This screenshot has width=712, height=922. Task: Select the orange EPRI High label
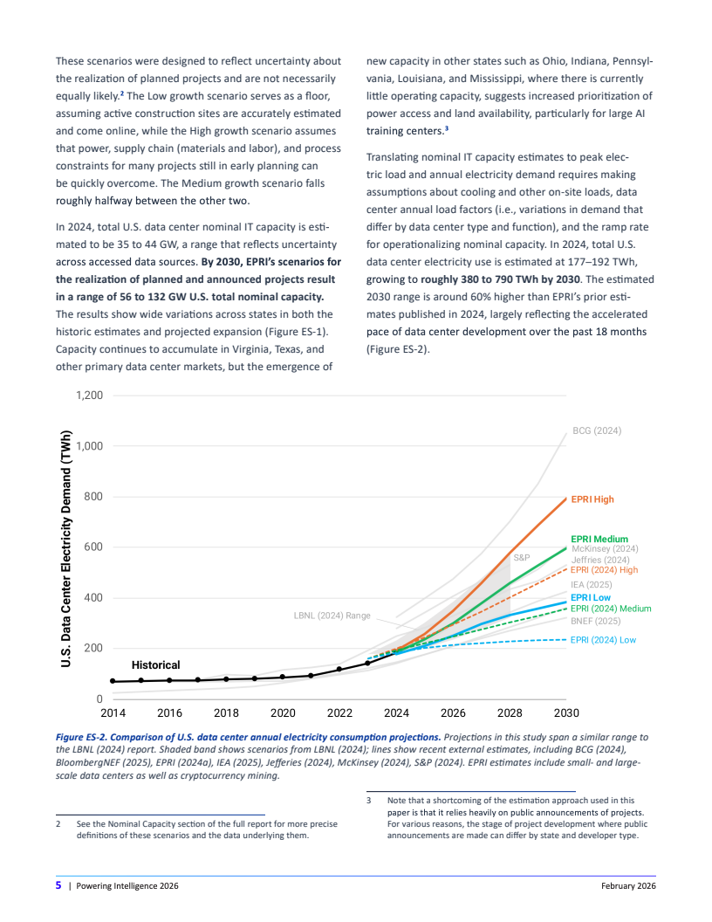pyautogui.click(x=592, y=499)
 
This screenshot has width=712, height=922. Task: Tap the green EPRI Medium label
pyautogui.click(x=599, y=539)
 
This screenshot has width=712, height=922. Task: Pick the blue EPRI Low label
pyautogui.click(x=591, y=598)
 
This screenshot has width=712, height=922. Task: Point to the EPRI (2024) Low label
pyautogui.click(x=603, y=640)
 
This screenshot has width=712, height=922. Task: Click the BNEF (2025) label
pyautogui.click(x=595, y=621)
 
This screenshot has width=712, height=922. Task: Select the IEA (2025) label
pyautogui.click(x=592, y=584)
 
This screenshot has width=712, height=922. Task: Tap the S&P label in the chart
pyautogui.click(x=522, y=557)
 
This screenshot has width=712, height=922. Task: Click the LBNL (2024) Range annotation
pyautogui.click(x=332, y=616)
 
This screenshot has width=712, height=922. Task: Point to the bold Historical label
pyautogui.click(x=155, y=665)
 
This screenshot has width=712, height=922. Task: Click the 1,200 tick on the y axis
pyautogui.click(x=89, y=396)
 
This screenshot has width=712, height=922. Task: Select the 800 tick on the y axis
pyautogui.click(x=94, y=497)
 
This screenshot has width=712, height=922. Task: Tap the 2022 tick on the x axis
pyautogui.click(x=339, y=712)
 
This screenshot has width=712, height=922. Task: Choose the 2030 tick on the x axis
pyautogui.click(x=566, y=712)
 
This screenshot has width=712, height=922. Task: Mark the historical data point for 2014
pyautogui.click(x=113, y=681)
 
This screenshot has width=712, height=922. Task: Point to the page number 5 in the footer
pyautogui.click(x=58, y=885)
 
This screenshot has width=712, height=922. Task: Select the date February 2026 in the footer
pyautogui.click(x=628, y=886)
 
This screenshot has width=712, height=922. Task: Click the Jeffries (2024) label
pyautogui.click(x=600, y=560)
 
